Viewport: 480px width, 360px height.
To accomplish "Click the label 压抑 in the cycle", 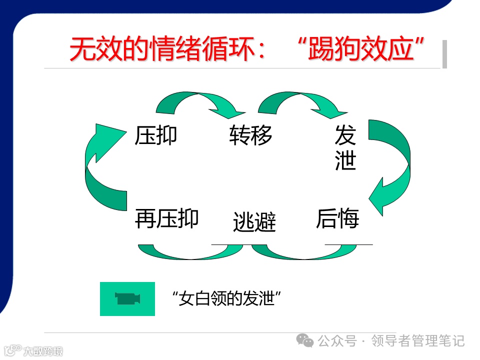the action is pos(156,135).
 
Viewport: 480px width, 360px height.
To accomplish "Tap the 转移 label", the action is pos(250,135).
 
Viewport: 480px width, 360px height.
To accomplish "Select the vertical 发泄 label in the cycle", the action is pos(345,148).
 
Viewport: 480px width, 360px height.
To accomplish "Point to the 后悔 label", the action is pos(337,219).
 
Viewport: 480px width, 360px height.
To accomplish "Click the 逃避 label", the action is pos(254,222).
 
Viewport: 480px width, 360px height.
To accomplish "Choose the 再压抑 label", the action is pos(167,218).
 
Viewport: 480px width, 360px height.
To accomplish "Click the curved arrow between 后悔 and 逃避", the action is pos(295,252).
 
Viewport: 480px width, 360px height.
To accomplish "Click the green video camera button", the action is pos(127,299).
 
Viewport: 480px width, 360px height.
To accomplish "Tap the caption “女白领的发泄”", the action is pos(225,299).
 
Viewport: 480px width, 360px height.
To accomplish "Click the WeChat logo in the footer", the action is pos(305,341).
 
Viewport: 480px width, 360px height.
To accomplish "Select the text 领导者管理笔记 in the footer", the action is pos(418,341).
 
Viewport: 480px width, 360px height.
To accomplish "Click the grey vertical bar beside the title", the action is pos(444,54).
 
